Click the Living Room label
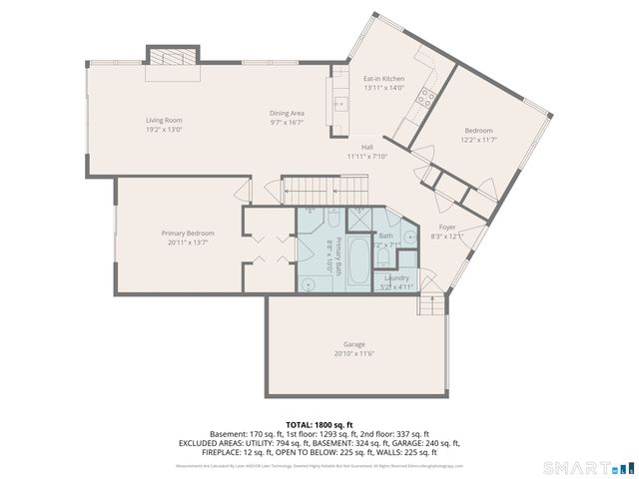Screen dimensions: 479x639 [x=164, y=120]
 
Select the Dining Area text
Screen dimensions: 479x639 [x=287, y=114]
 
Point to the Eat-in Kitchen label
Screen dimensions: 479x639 [x=383, y=78]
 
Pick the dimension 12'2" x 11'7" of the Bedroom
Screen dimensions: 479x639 [x=477, y=141]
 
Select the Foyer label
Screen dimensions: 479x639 [x=447, y=228]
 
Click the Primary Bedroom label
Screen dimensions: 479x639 [x=188, y=233]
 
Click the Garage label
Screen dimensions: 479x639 [x=354, y=343]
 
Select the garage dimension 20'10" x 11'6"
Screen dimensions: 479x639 [x=354, y=353]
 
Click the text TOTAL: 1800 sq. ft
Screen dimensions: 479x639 [x=319, y=425]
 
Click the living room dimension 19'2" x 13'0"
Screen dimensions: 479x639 [x=164, y=129]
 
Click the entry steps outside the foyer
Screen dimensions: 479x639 [x=431, y=306]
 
